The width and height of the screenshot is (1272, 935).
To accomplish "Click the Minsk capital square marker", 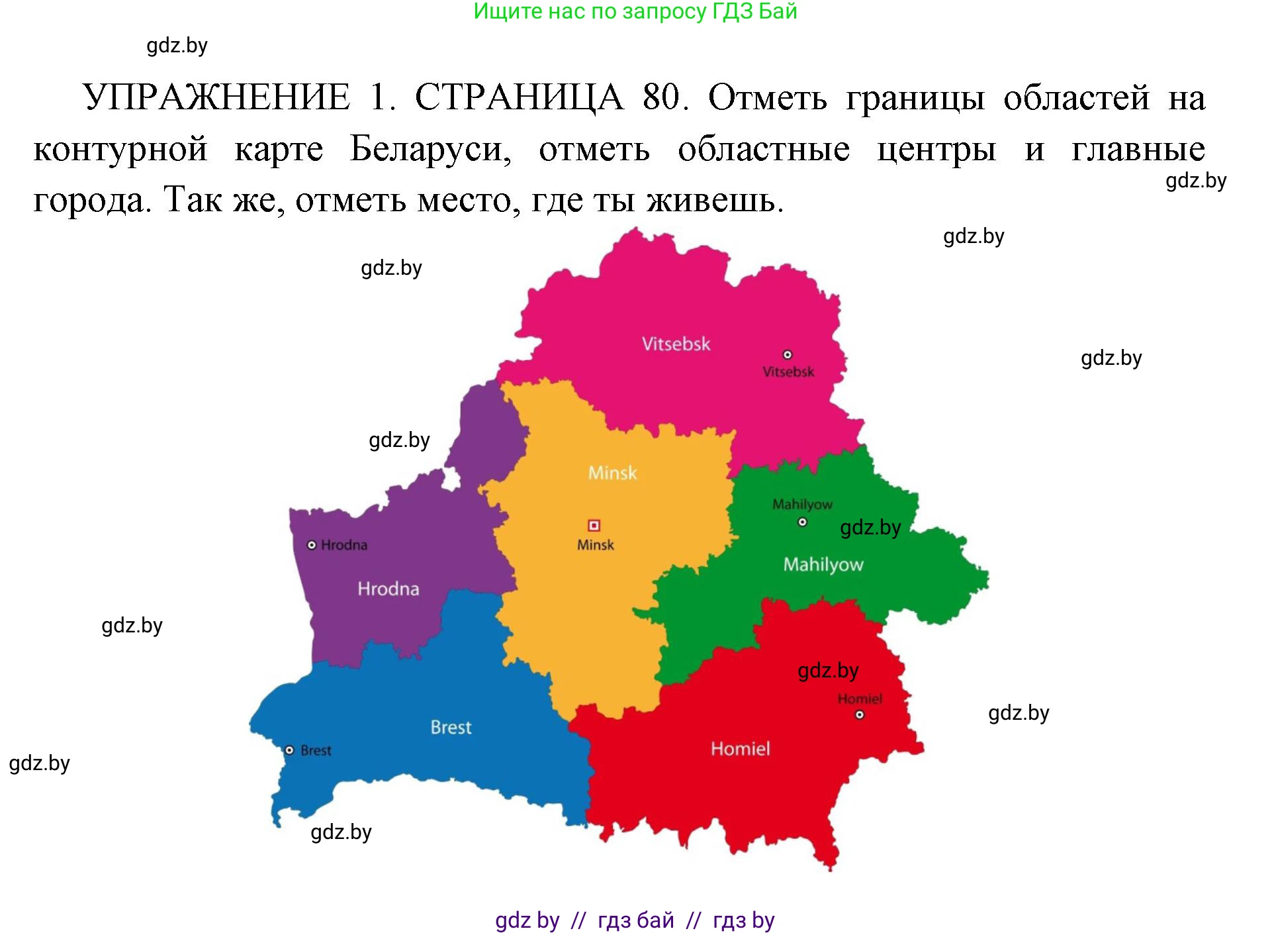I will [594, 525].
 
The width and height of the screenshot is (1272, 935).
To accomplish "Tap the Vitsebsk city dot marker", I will [787, 355].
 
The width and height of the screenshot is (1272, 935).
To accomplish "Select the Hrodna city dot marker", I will [312, 545].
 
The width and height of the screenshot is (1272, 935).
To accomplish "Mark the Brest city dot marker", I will [289, 750].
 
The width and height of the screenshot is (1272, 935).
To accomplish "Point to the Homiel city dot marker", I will [859, 714].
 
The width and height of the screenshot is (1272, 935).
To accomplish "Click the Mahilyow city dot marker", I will [802, 522].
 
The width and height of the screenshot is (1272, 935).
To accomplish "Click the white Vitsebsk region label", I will [676, 344].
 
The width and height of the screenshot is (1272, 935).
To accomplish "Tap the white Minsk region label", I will [612, 473].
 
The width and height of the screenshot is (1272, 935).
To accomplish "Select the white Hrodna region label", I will [388, 589].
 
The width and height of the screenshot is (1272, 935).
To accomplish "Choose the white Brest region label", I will [451, 727].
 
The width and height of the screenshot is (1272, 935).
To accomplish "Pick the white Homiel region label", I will [740, 749].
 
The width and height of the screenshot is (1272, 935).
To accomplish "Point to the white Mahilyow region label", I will [823, 564].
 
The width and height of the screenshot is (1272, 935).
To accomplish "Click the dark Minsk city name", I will [595, 545].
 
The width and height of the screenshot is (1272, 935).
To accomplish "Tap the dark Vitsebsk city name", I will [788, 372].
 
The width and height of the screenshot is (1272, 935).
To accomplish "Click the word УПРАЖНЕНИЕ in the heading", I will [216, 97].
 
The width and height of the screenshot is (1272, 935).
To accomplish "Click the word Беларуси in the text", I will [430, 148].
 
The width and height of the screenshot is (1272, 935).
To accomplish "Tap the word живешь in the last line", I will [715, 199].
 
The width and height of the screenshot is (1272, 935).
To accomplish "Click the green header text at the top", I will [635, 11].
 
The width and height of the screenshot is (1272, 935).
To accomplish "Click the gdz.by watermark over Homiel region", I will [827, 670].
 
